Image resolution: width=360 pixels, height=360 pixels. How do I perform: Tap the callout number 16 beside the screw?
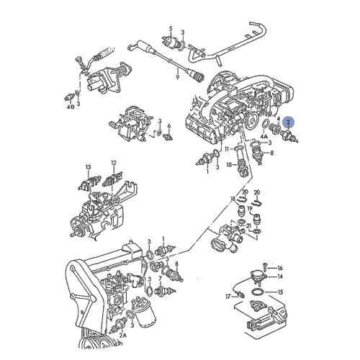click(x=281, y=267)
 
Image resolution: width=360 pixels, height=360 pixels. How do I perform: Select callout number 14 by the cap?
click(x=281, y=276)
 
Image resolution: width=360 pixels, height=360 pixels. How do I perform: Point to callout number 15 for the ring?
click(x=281, y=292)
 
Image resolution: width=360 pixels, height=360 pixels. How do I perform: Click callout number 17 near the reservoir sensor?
click(x=228, y=296)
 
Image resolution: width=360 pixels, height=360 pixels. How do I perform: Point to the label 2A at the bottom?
click(x=123, y=336)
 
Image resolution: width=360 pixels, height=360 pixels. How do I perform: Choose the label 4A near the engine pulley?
click(x=264, y=135)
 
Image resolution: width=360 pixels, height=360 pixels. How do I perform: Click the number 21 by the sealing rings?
click(x=248, y=225)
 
